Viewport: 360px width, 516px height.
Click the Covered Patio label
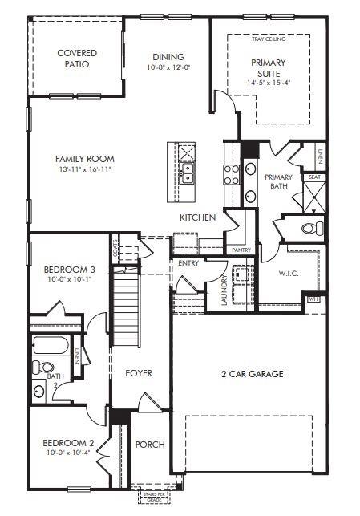point(77,59)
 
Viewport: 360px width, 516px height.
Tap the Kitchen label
point(197,217)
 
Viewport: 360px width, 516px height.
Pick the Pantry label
point(241,250)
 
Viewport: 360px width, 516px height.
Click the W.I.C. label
point(289,274)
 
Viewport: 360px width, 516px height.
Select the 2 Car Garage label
point(252,373)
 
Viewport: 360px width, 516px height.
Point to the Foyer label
point(138,373)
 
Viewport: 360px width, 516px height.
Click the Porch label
point(150,444)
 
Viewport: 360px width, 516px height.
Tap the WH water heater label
point(313,299)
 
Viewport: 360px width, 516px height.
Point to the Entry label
point(188,262)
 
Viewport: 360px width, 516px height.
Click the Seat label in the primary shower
point(314,177)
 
